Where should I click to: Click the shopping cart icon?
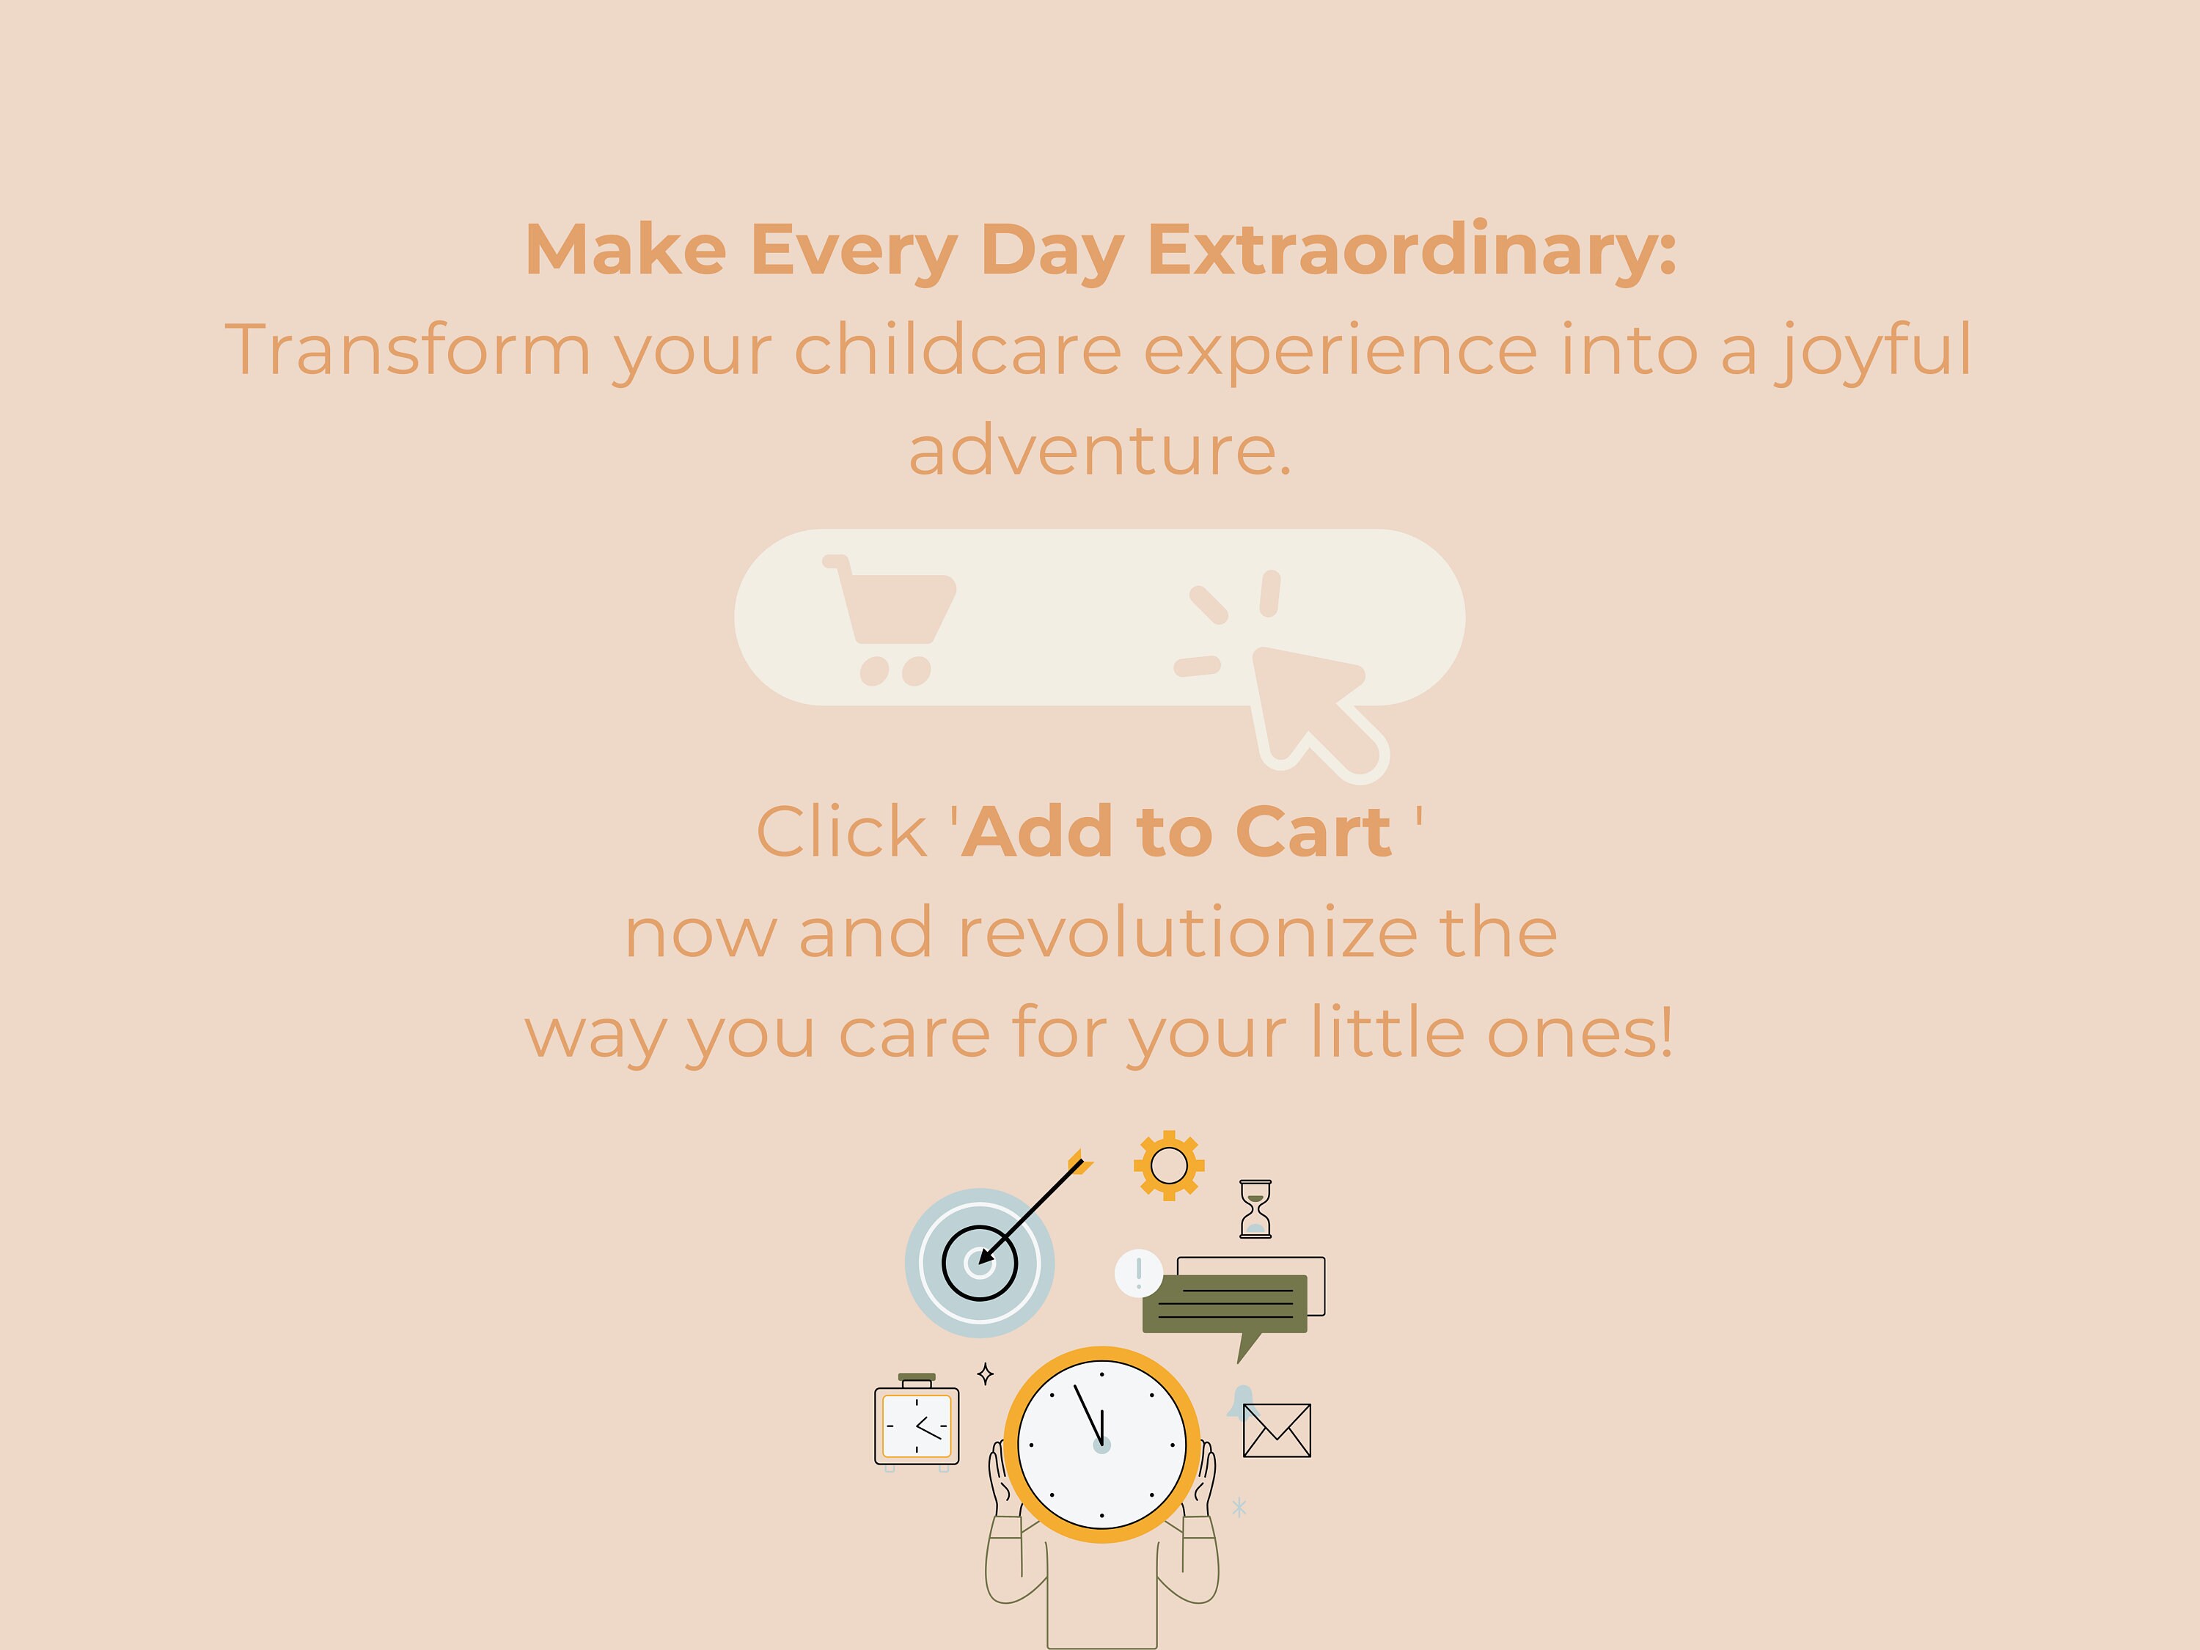pyautogui.click(x=888, y=620)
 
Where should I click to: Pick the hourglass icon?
pyautogui.click(x=1255, y=1209)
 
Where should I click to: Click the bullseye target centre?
pyautogui.click(x=980, y=1263)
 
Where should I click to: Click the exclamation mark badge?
pyautogui.click(x=1139, y=1273)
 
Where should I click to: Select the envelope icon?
pyautogui.click(x=1277, y=1430)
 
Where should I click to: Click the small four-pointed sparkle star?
pyautogui.click(x=985, y=1374)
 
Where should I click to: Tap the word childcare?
pyautogui.click(x=958, y=350)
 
